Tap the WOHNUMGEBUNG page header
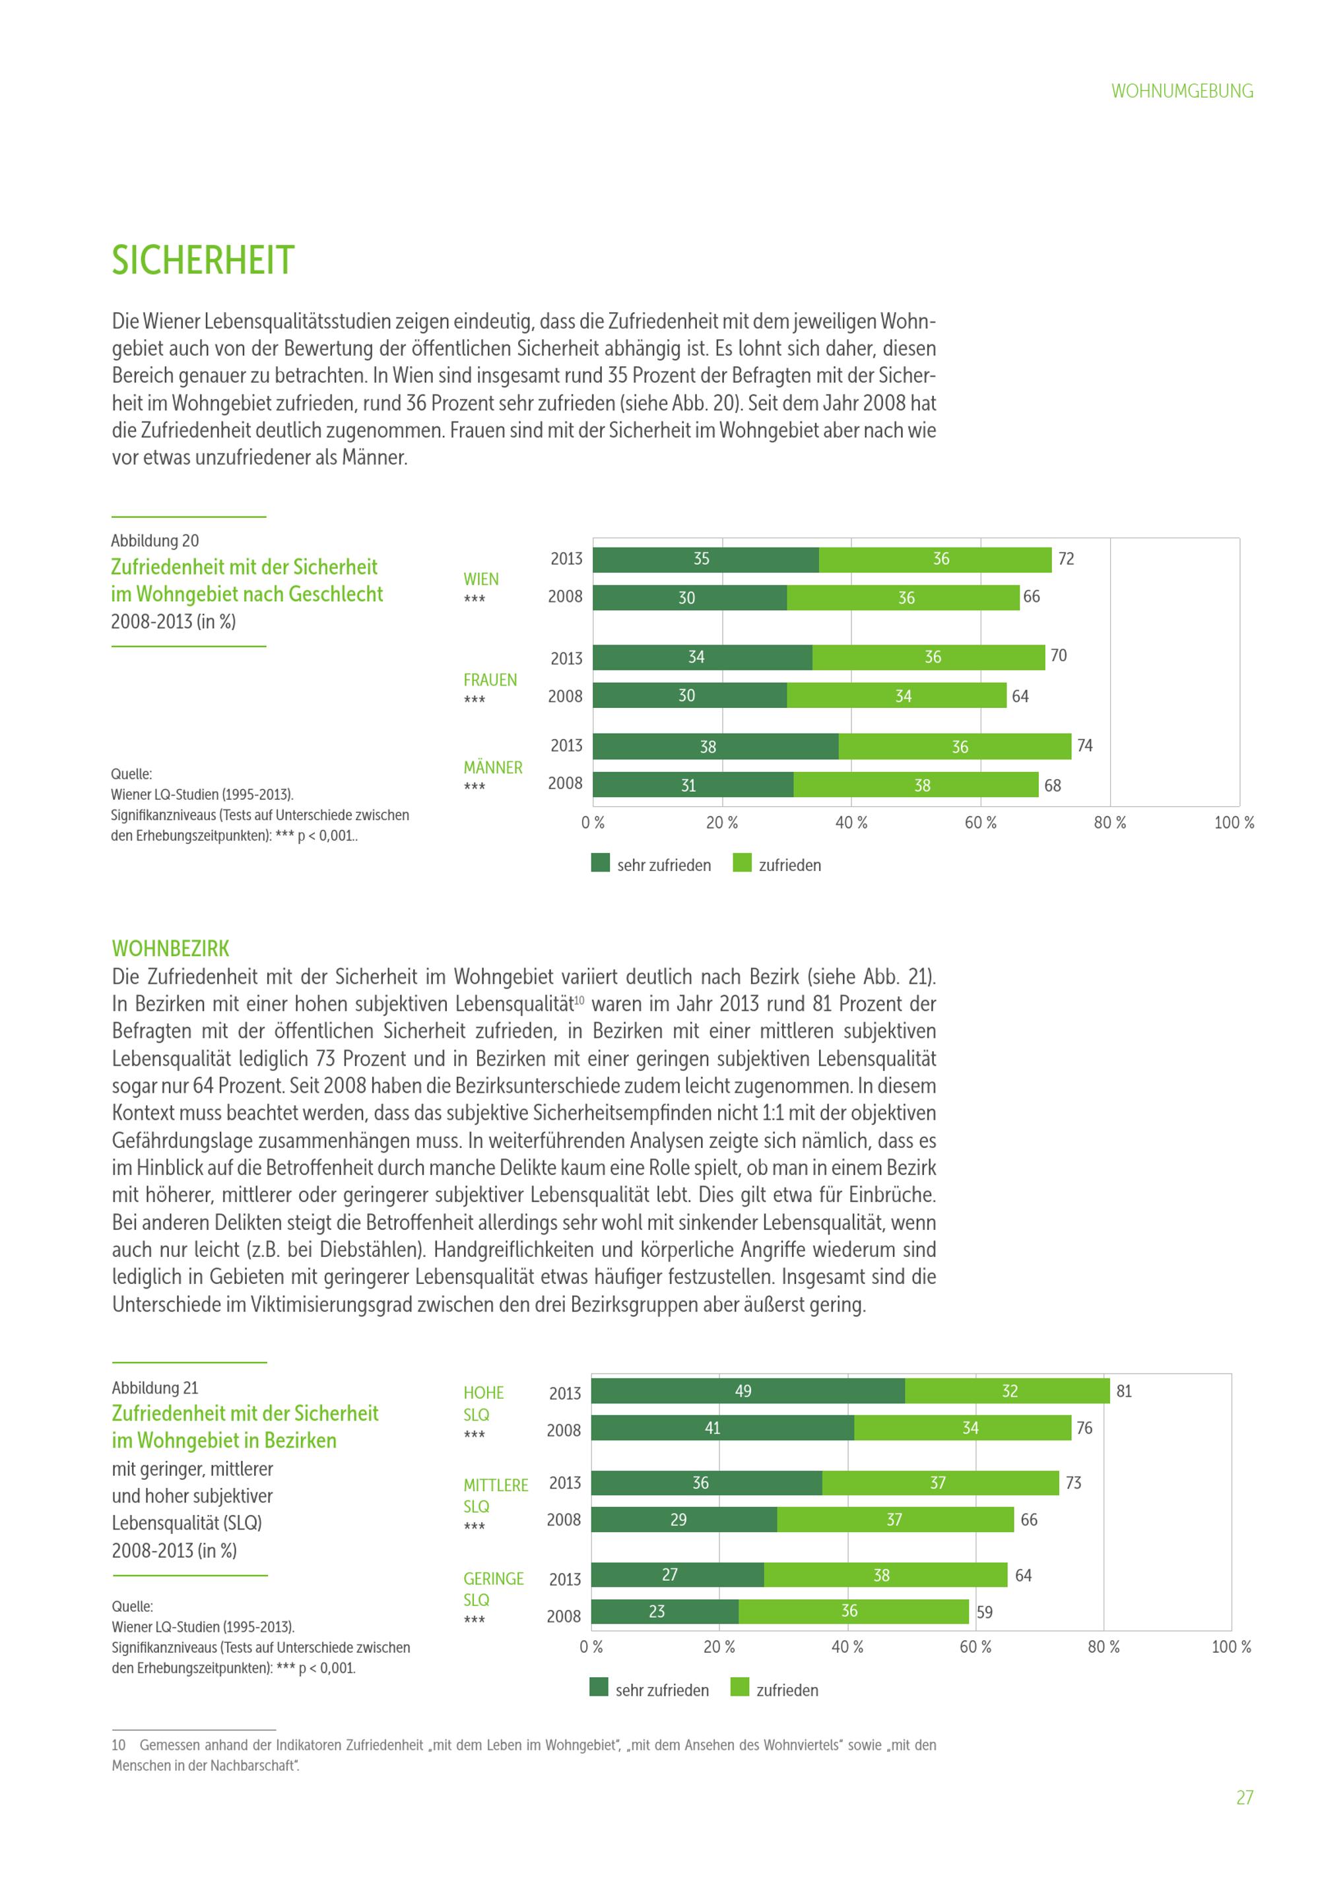(1181, 91)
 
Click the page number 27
(1244, 1797)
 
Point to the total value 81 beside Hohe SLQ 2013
(1123, 1391)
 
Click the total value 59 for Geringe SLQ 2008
(984, 1612)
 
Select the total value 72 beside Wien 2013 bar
(1065, 559)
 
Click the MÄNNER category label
(492, 767)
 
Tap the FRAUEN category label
(490, 680)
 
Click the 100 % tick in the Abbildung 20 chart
(1234, 823)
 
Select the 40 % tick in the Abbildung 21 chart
(847, 1647)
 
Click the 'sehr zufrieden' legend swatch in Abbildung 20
(600, 862)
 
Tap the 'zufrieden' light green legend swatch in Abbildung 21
(740, 1687)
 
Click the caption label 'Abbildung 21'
(154, 1388)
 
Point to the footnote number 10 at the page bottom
(118, 1745)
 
